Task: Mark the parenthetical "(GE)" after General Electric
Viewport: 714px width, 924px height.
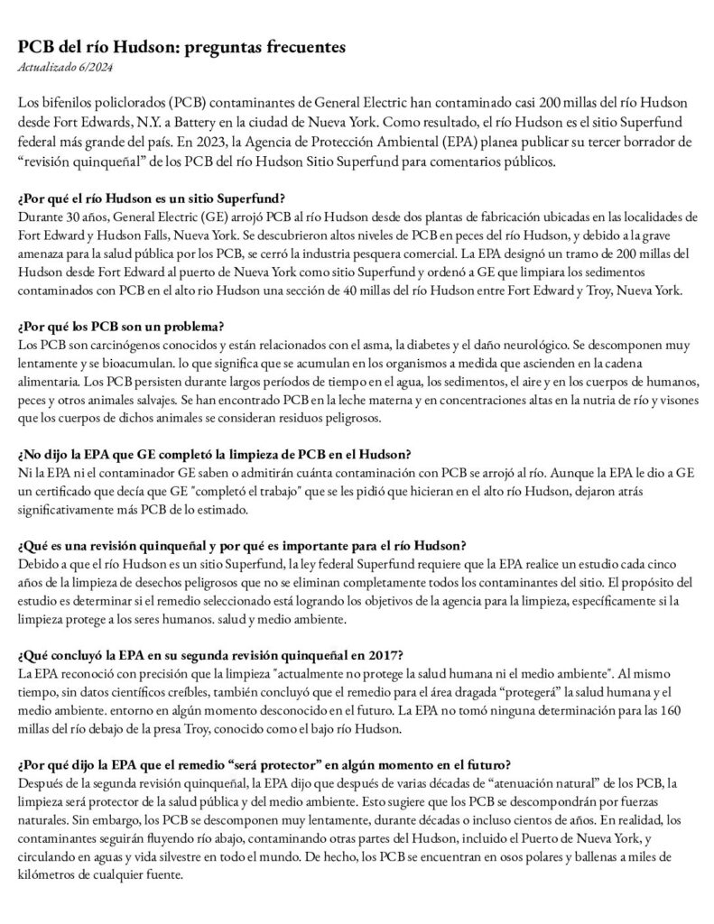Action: click(x=203, y=217)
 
